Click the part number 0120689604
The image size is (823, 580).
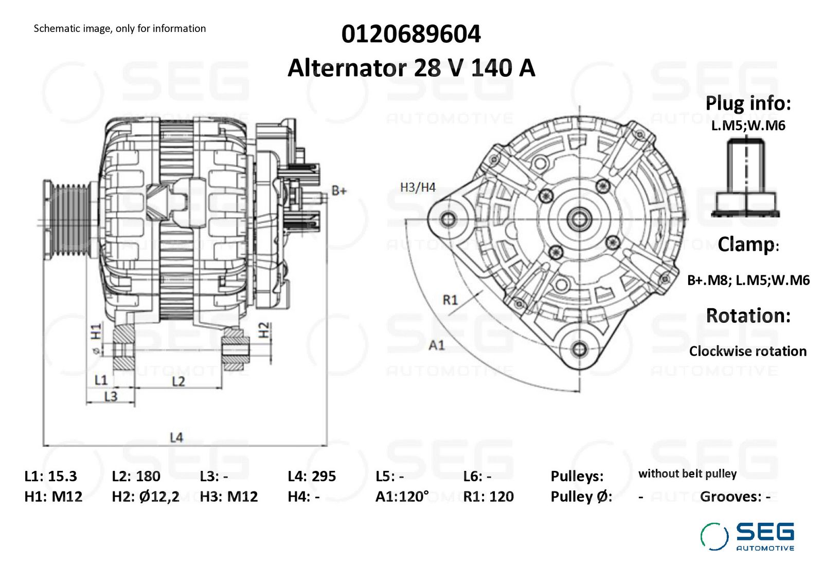[411, 34]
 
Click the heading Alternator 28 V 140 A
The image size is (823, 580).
[411, 67]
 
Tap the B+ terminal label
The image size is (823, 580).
[339, 190]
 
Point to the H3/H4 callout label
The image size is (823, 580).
[418, 187]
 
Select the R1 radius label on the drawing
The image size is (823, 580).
[450, 300]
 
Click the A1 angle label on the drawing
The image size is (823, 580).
[437, 345]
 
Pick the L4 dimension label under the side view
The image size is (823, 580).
[176, 437]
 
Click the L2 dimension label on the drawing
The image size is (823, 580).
[178, 381]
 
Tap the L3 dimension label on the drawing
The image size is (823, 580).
[111, 396]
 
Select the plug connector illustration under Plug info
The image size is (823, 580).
[745, 177]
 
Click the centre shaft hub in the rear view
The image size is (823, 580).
[579, 219]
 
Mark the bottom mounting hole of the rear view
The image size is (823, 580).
[579, 349]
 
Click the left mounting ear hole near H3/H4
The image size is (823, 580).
[448, 220]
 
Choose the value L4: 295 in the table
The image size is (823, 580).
[312, 477]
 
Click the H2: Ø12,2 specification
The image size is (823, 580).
[146, 497]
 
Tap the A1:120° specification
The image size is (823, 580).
[402, 497]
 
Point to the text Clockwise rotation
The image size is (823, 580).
[748, 351]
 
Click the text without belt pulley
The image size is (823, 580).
[687, 474]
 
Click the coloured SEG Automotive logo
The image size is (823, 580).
[747, 537]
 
